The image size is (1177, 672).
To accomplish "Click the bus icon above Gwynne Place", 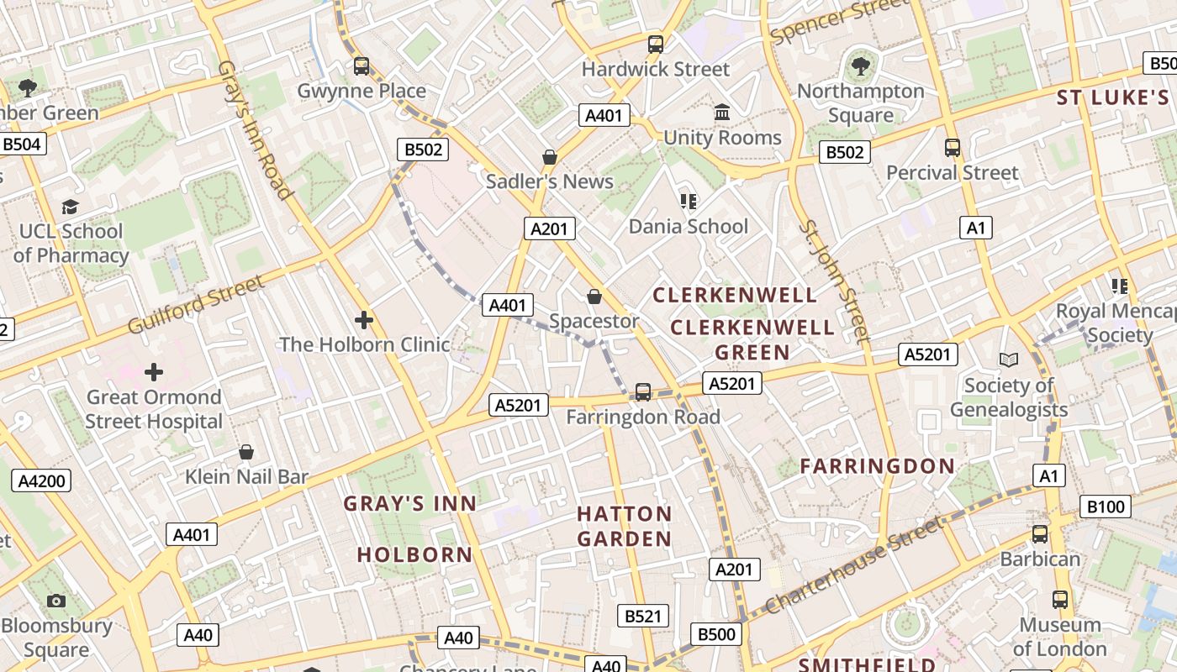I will coord(362,66).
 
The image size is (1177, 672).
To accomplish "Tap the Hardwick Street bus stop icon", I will coord(656,45).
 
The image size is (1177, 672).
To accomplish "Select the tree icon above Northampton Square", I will coord(860,66).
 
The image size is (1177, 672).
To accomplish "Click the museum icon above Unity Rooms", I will coord(722,113).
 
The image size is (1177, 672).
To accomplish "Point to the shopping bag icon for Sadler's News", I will coord(550,157).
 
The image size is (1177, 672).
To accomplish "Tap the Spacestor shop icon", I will coord(594,297).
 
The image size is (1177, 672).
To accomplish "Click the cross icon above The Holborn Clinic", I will coord(364,320).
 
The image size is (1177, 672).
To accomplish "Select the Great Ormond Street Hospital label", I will coord(154,409).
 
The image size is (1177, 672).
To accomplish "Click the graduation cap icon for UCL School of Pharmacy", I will coord(71,207).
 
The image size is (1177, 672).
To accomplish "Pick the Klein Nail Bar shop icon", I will coord(246,453).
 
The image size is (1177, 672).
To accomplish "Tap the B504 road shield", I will coord(22,144).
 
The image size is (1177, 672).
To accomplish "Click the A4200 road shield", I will coord(40,481).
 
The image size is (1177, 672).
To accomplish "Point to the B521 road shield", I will coord(643,616).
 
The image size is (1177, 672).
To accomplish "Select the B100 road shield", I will coord(1106,507).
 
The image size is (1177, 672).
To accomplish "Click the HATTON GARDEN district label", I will coord(625,526).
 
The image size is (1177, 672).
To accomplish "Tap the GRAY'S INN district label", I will coord(410,503).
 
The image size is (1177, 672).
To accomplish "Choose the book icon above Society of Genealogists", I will coord(1009,360).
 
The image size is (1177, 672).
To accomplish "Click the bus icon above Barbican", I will coord(1040,534).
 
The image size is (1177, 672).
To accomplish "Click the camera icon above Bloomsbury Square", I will coord(56,601).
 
